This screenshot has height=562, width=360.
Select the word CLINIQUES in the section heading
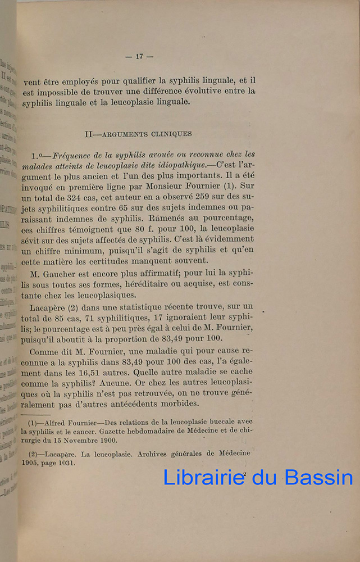click(x=170, y=134)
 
